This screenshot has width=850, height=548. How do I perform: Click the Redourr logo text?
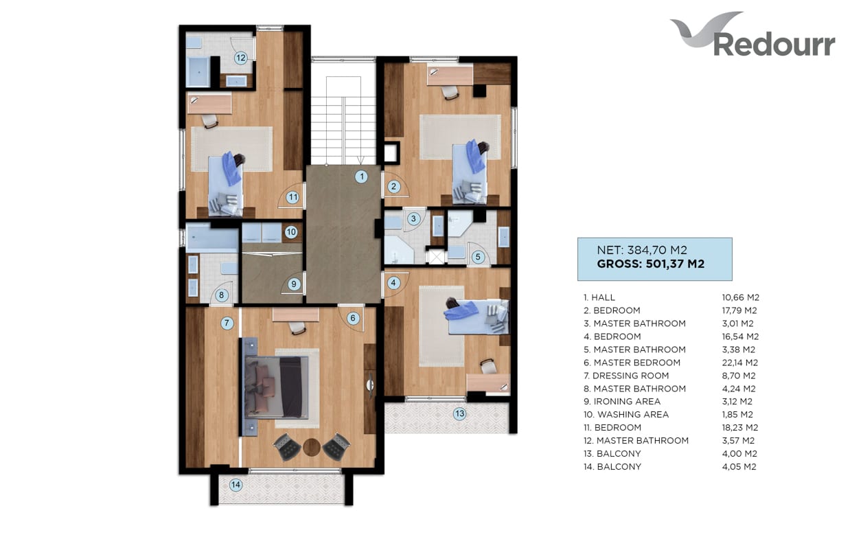[774, 45]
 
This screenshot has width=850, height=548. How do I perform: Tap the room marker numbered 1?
[361, 176]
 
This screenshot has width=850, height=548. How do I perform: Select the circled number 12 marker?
[240, 58]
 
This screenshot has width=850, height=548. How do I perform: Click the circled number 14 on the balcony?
[236, 485]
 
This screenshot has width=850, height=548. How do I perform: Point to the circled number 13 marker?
[459, 413]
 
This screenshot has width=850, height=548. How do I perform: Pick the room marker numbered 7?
[227, 323]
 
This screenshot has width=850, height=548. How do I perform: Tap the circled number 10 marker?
[291, 232]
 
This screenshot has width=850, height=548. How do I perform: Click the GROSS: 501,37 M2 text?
[650, 264]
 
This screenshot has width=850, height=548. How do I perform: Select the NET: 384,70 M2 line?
[642, 250]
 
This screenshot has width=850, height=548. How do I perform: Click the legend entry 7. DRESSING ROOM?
[626, 376]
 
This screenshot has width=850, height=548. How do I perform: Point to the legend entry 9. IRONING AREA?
[622, 402]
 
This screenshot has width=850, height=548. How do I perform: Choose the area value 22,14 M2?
[739, 363]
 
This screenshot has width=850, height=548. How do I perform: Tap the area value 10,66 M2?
[740, 297]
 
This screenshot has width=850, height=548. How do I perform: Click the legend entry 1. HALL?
[599, 297]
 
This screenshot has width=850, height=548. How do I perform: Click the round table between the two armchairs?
[312, 448]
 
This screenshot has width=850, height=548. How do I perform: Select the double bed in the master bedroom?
[276, 387]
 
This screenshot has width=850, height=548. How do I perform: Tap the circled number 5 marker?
[478, 257]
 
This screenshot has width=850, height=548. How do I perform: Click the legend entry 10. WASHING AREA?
[626, 415]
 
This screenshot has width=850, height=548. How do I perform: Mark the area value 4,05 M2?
[739, 467]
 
